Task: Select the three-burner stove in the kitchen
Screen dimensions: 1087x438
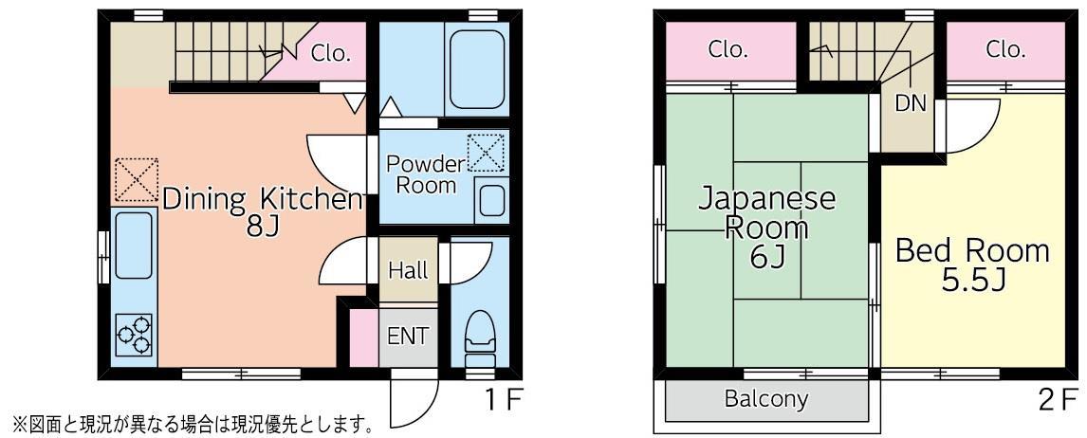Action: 134,334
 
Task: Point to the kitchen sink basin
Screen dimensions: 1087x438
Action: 134,246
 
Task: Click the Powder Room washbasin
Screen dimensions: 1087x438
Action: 493,201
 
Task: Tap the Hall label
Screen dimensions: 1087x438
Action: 408,270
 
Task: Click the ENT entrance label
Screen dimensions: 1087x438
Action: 408,337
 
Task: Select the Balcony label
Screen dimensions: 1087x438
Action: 766,398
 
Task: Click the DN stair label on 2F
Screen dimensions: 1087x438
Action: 911,104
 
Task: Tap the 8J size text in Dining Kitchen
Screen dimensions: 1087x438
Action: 263,227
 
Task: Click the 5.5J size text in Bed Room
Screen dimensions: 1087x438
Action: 972,280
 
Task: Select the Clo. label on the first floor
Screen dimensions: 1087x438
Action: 330,53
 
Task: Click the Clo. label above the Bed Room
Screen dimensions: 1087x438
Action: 1005,49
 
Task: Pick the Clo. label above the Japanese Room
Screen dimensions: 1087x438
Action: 728,49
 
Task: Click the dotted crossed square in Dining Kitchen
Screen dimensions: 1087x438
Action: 136,180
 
